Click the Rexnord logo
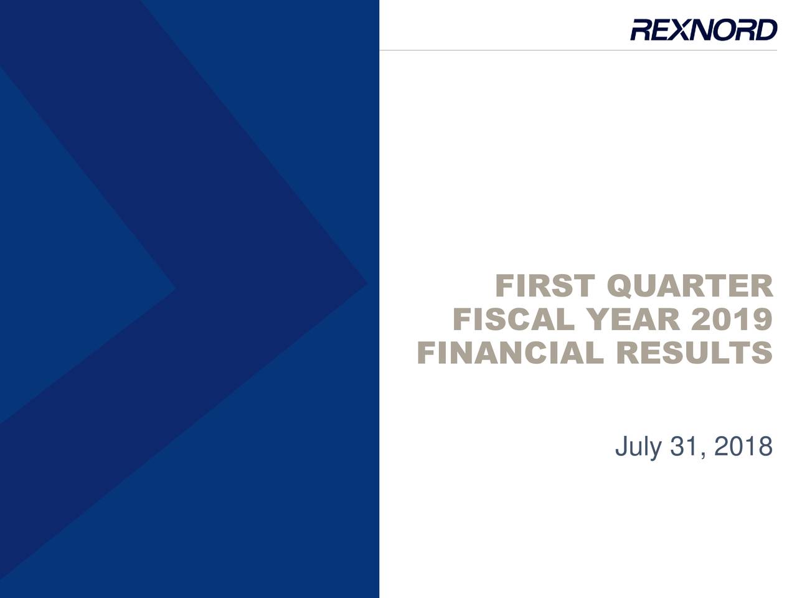coord(704,29)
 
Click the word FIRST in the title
coord(545,286)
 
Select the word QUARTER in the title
coord(690,287)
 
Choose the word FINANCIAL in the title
coord(511,353)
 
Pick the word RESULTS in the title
coord(695,353)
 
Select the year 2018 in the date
coord(743,447)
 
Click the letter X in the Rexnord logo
coord(683,30)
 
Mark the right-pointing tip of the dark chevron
coord(367,283)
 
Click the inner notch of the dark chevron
coord(176,290)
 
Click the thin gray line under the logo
coord(578,50)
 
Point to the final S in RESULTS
coord(762,353)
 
